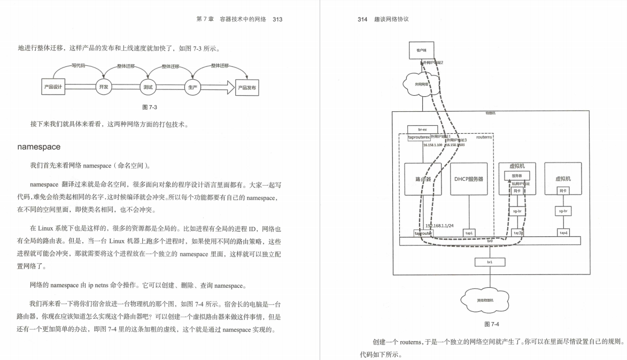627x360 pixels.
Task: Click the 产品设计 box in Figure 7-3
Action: pyautogui.click(x=53, y=87)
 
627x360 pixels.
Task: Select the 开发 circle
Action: pyautogui.click(x=104, y=87)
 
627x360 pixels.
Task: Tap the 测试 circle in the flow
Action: pyautogui.click(x=148, y=87)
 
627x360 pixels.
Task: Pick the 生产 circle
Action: pyautogui.click(x=192, y=87)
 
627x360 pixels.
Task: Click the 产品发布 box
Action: pyautogui.click(x=247, y=87)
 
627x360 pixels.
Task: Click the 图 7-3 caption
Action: pyautogui.click(x=150, y=107)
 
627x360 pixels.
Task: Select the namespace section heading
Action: pyautogui.click(x=38, y=147)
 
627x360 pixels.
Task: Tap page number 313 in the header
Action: pyautogui.click(x=277, y=20)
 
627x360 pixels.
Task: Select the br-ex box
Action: pyautogui.click(x=422, y=129)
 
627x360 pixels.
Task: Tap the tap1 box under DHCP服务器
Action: pyautogui.click(x=469, y=233)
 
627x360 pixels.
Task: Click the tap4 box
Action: pyautogui.click(x=563, y=233)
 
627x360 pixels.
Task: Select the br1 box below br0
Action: pyautogui.click(x=489, y=262)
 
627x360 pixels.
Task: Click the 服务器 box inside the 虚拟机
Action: pyautogui.click(x=517, y=175)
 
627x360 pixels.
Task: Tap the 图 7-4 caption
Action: pyautogui.click(x=491, y=324)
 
